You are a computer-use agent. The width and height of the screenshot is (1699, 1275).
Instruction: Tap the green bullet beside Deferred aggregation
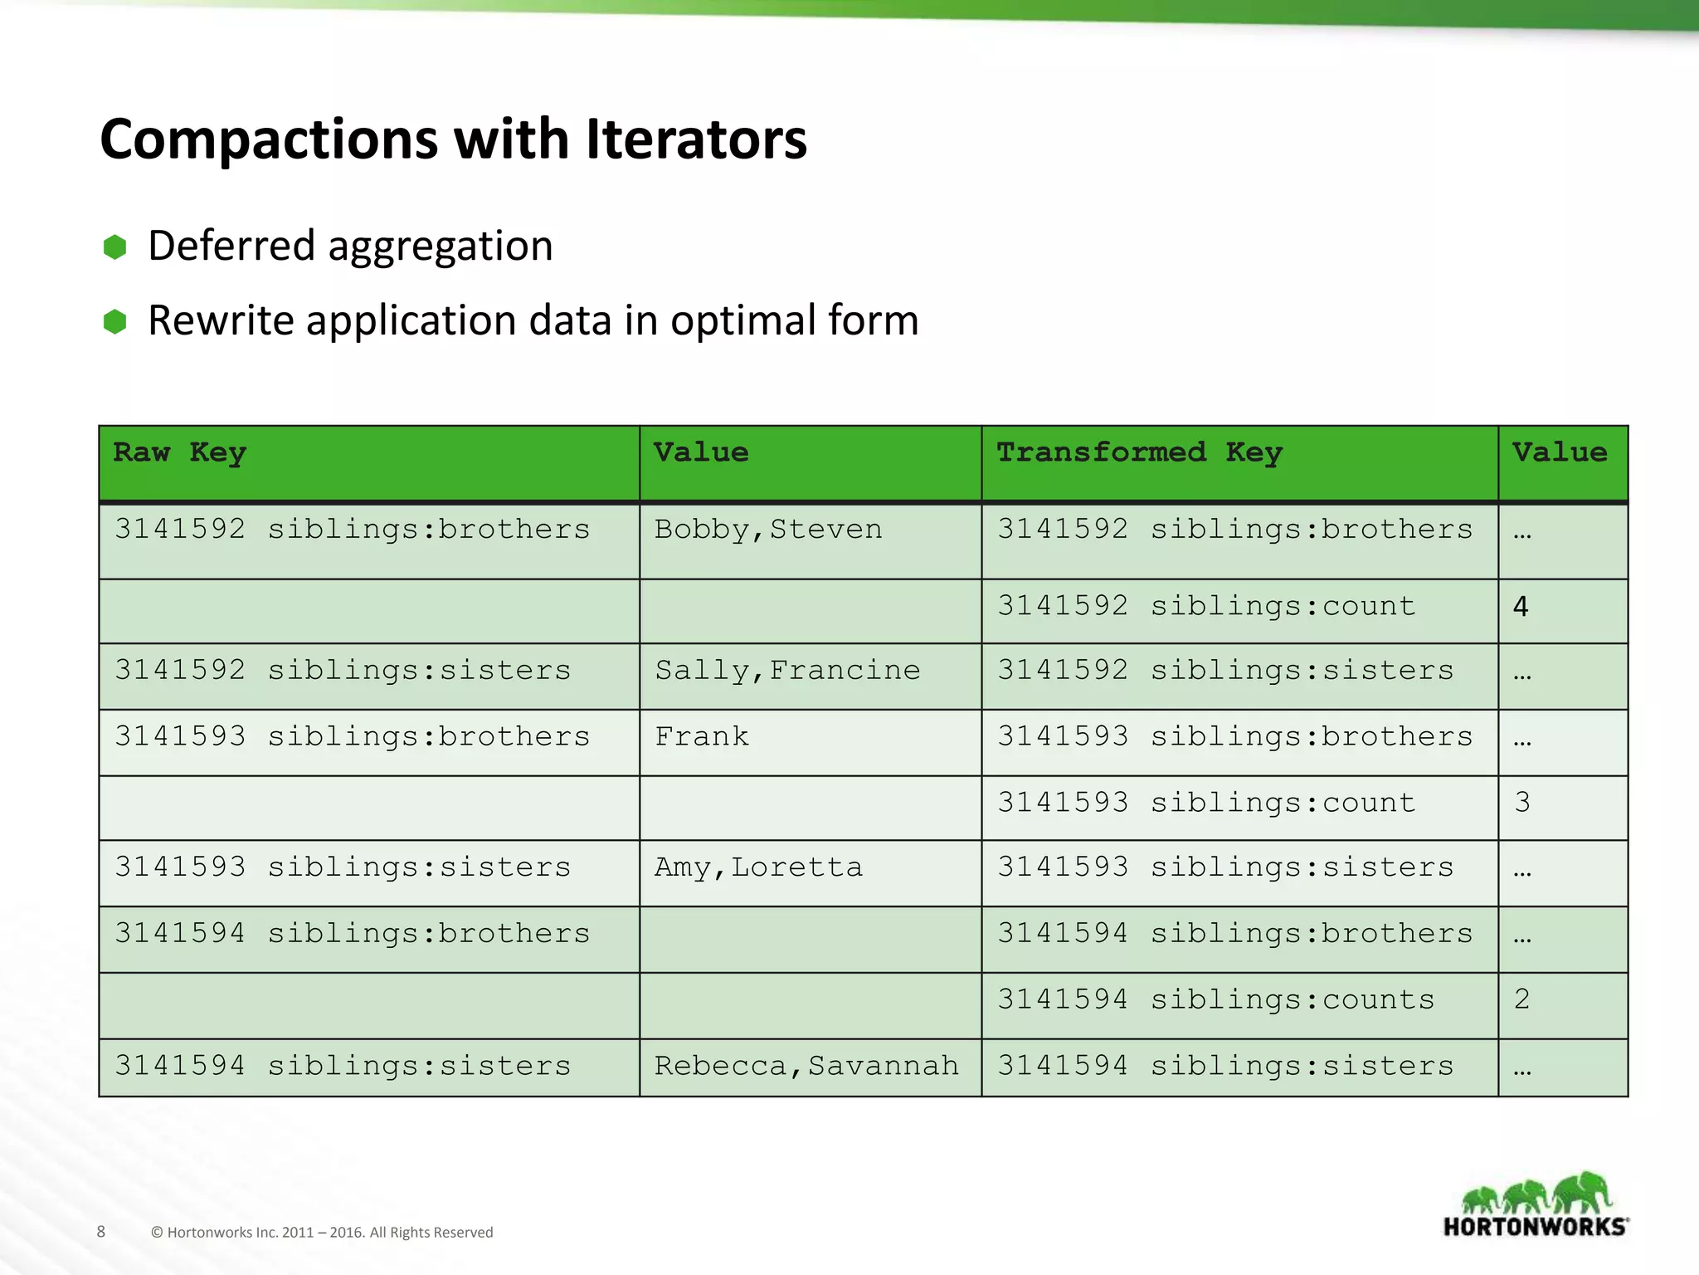click(x=114, y=247)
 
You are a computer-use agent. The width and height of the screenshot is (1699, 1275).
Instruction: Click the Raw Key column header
click(x=179, y=452)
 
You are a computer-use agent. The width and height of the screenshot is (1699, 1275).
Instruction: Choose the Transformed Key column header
click(x=1138, y=452)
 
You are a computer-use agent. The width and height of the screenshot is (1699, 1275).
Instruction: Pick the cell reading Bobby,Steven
click(x=767, y=530)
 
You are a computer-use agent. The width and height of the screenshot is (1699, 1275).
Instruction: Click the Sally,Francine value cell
click(x=786, y=671)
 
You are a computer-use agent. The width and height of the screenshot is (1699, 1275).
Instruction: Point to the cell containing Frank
click(x=701, y=737)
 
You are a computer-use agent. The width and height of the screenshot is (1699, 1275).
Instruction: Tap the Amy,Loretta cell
click(x=757, y=867)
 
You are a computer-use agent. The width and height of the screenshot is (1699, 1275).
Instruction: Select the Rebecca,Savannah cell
click(x=806, y=1066)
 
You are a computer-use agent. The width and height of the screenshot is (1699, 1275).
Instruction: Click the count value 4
click(x=1520, y=607)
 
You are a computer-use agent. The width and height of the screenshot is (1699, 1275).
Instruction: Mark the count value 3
click(x=1521, y=803)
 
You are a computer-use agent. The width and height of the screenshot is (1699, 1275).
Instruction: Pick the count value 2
click(x=1521, y=999)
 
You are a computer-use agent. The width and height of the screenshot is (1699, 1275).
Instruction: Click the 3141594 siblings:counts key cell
click(x=1215, y=999)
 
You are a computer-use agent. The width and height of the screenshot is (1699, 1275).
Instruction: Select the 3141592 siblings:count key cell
click(x=1205, y=607)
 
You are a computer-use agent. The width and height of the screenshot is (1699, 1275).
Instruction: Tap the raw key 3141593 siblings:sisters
click(x=343, y=867)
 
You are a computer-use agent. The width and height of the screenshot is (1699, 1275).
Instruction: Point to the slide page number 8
click(x=101, y=1232)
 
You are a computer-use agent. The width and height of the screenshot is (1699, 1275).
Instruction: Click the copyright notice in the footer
click(x=322, y=1233)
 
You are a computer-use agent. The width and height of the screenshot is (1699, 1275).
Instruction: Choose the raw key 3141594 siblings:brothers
click(x=352, y=934)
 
